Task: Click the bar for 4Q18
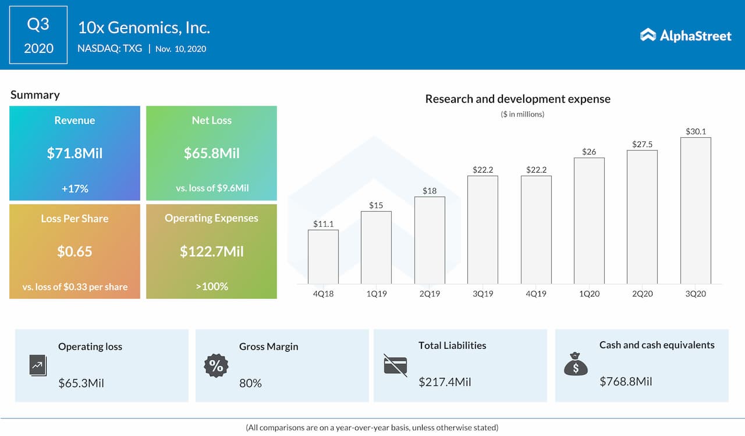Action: pos(323,256)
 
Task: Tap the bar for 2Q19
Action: pos(430,240)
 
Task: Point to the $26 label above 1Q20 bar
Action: pos(589,152)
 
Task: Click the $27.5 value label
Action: pos(642,144)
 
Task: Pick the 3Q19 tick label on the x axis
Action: pos(483,294)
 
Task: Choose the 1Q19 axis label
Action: pos(376,294)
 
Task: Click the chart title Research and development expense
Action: pos(517,99)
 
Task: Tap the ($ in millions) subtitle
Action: pos(522,115)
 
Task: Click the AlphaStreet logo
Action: pos(686,35)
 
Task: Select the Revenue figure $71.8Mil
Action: pos(74,153)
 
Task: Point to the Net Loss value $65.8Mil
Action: pos(211,153)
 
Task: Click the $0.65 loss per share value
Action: pos(74,252)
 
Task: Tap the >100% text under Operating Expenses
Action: pos(211,286)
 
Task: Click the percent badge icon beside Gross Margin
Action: pos(216,366)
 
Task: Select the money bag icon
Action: pos(576,364)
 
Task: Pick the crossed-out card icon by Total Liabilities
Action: pos(395,365)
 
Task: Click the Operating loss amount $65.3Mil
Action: pos(81,383)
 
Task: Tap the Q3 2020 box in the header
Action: pos(38,35)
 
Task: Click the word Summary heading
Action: pos(35,95)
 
